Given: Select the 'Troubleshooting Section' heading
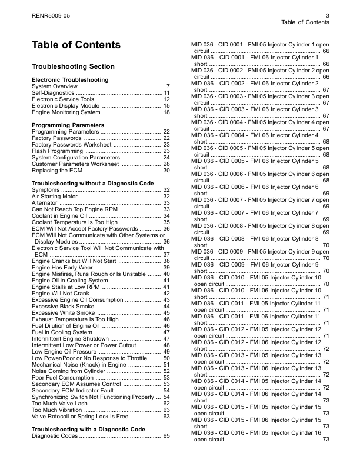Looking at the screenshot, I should (73, 66).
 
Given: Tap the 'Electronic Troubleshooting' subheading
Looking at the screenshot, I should (70, 79).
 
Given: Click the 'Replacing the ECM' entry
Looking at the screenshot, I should (56, 171).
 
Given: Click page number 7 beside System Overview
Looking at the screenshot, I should (168, 86).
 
